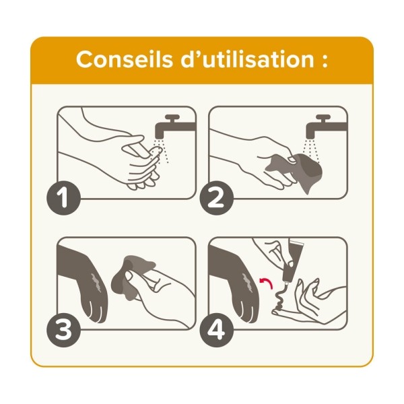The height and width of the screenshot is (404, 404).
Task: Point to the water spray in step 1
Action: pyautogui.click(x=162, y=152)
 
